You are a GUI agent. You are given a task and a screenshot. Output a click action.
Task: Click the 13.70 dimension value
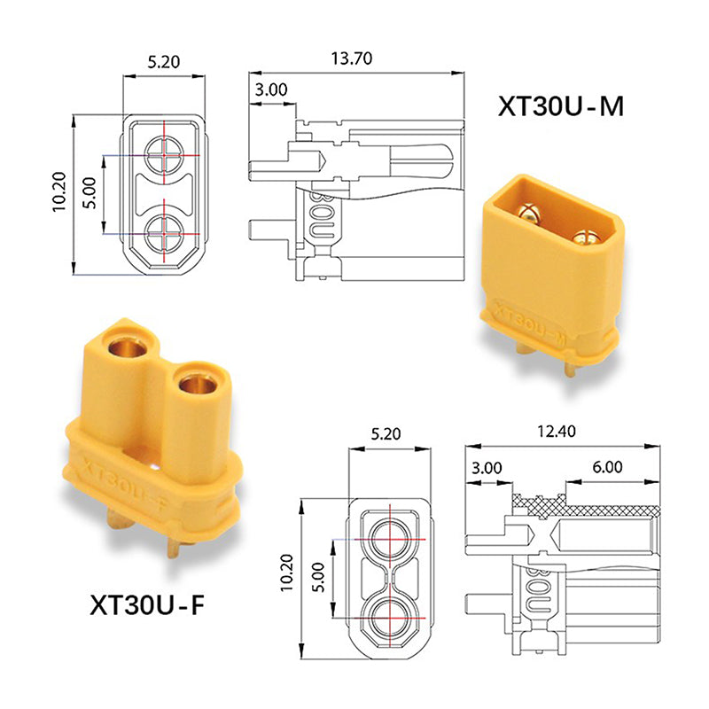click(x=351, y=59)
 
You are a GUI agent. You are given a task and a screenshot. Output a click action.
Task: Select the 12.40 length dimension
click(x=556, y=432)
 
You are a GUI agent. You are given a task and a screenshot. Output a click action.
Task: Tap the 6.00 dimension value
click(x=607, y=467)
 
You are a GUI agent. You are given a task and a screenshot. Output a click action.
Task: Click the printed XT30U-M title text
click(x=559, y=106)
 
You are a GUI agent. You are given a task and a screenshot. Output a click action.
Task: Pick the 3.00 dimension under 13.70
click(x=270, y=90)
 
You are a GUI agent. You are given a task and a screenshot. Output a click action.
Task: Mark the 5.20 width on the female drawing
click(x=391, y=435)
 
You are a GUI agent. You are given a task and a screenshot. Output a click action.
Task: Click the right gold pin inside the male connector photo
click(x=585, y=238)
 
